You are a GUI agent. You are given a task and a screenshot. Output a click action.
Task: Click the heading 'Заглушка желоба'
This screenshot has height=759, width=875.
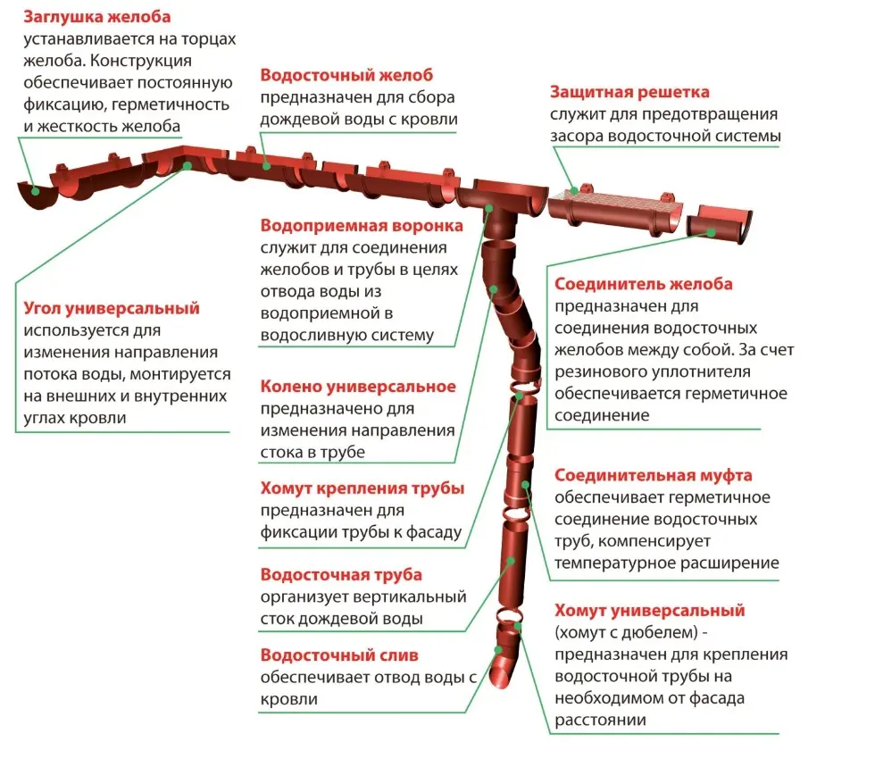(97, 17)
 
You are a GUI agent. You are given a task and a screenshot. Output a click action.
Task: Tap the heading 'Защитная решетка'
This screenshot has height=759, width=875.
(629, 92)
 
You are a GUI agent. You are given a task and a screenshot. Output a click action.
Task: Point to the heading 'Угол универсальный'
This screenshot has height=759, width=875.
(112, 309)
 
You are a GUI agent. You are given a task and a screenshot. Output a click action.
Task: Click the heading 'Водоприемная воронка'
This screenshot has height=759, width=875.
(362, 225)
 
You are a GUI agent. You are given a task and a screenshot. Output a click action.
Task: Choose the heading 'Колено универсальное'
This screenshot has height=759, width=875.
(358, 387)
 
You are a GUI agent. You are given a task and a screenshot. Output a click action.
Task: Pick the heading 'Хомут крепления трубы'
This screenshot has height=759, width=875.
(362, 488)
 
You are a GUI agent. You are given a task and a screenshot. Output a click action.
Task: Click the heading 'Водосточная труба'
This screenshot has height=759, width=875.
(341, 574)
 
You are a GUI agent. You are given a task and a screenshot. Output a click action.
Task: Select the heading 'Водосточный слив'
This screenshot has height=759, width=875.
(339, 655)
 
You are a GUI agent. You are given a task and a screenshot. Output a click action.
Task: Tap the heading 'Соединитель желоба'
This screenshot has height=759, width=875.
(644, 284)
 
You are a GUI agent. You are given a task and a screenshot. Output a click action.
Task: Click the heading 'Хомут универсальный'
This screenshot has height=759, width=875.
(649, 612)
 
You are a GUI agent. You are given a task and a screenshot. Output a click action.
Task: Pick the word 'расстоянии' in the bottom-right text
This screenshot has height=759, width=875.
(597, 720)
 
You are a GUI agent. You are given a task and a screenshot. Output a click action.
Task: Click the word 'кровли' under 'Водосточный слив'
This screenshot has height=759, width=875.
(288, 699)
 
